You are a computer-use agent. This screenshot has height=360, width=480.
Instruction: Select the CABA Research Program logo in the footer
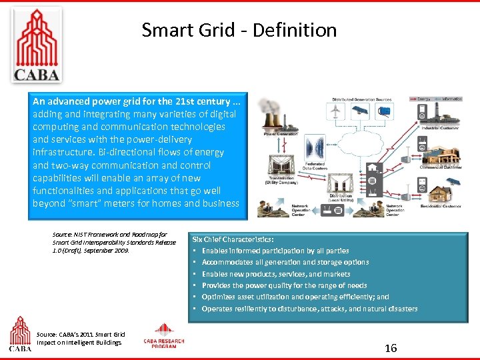(x=164, y=336)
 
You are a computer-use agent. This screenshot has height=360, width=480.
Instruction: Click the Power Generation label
(x=281, y=134)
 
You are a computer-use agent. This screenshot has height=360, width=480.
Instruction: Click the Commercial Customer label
(x=441, y=167)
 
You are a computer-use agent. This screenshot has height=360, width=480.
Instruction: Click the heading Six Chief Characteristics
(x=233, y=239)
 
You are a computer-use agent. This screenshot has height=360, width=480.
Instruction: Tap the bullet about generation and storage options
(x=285, y=262)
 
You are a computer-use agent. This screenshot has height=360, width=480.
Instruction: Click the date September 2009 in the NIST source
(x=113, y=251)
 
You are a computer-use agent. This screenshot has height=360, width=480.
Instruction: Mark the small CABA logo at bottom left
(x=19, y=333)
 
